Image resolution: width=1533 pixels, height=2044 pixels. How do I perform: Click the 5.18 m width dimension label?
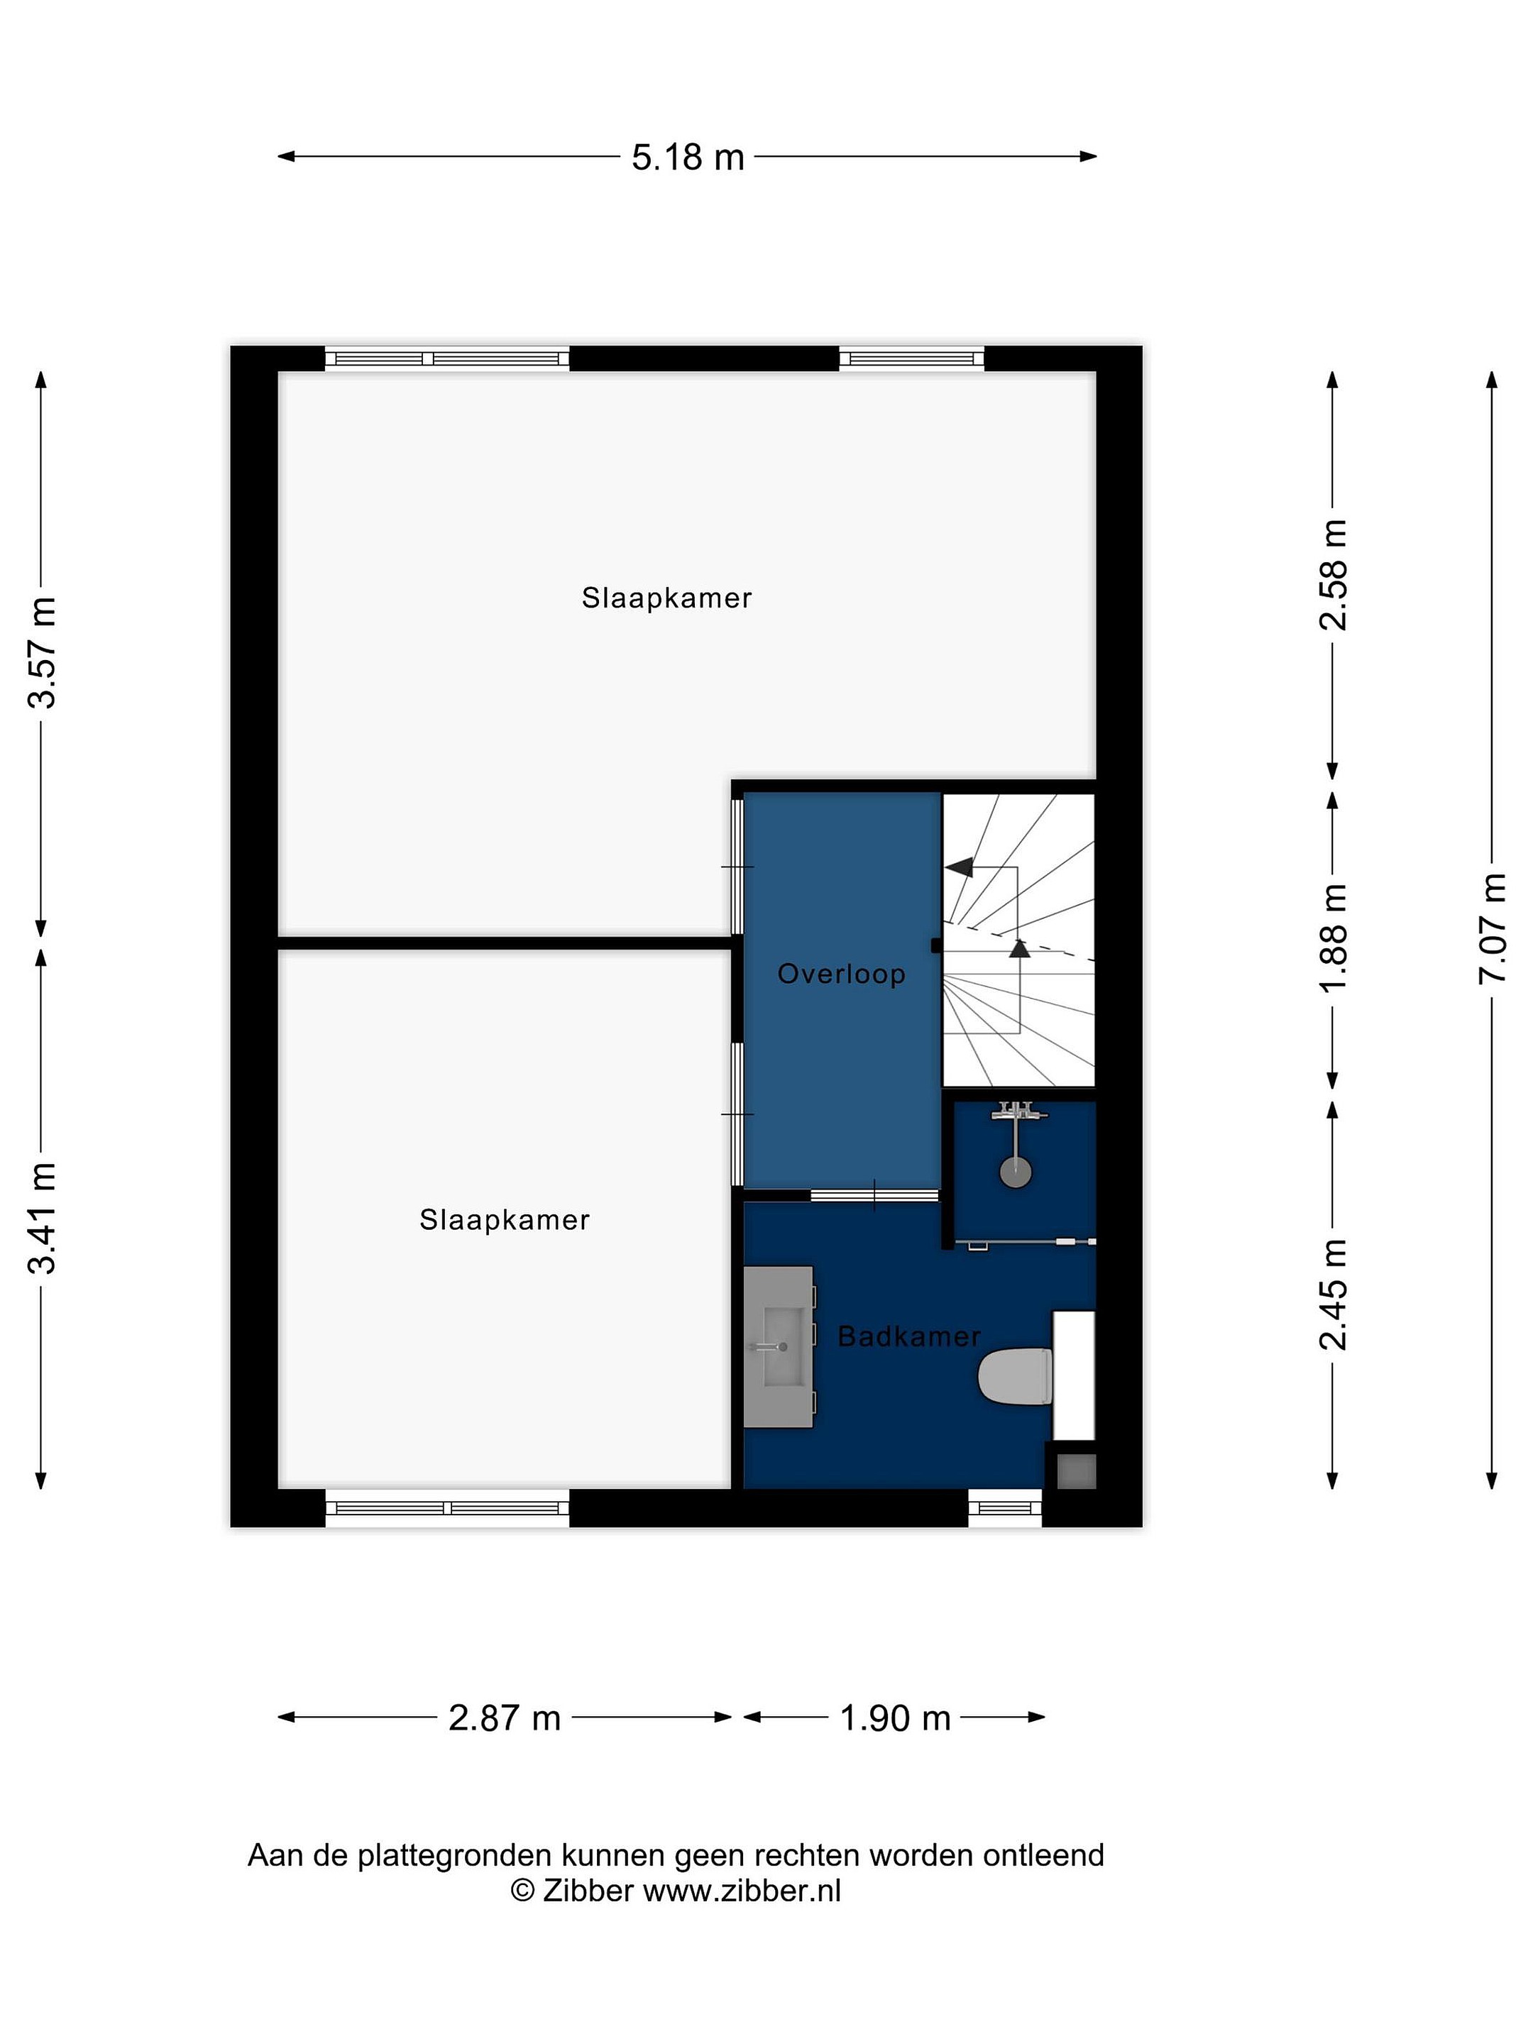[688, 157]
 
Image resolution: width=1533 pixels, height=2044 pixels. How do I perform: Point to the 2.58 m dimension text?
[1332, 575]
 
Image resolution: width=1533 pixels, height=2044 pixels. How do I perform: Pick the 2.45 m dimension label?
[1332, 1294]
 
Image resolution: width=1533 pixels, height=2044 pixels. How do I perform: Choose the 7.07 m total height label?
[1491, 928]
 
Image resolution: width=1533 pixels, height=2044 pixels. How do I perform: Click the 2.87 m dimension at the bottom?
[505, 1718]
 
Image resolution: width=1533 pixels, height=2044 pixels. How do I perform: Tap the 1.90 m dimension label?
[894, 1718]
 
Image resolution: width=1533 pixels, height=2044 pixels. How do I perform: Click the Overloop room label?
[841, 974]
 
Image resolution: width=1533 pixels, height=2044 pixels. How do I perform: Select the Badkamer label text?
[909, 1336]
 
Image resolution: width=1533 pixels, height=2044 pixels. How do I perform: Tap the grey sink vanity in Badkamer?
[779, 1346]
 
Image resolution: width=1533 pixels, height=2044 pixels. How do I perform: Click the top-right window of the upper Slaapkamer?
[911, 358]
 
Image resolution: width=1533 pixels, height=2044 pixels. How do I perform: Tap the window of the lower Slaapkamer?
[447, 1508]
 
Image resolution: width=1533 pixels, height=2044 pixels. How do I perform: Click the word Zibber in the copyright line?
[588, 1891]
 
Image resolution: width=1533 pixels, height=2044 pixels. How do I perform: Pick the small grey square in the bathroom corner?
[1076, 1471]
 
